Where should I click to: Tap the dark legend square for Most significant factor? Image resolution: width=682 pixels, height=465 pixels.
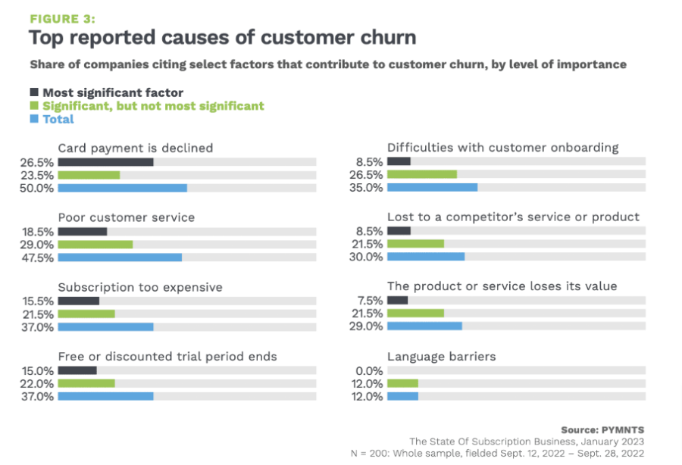pos(33,93)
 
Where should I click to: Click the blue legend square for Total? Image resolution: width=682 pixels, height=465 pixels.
pos(33,119)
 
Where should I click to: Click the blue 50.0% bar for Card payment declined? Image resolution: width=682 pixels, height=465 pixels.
pos(122,188)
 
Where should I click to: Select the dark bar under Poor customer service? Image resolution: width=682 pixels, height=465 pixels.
pos(83,231)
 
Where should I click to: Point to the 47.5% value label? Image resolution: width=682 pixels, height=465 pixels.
pos(38,257)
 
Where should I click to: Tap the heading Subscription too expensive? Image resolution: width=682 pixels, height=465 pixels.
pos(140,287)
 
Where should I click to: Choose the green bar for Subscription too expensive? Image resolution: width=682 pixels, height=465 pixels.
pos(86,314)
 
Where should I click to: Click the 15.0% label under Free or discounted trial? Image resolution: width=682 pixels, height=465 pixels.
pos(38,370)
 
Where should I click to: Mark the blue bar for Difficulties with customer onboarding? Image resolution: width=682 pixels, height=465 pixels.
pos(432,188)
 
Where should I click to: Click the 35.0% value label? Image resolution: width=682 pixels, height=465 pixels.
pos(368,188)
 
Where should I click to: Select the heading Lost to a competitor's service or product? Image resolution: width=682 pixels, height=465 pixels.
pos(513,217)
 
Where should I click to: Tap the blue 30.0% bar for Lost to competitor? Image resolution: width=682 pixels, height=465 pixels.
pos(426,257)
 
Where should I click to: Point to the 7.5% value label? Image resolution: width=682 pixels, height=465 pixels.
pos(370,300)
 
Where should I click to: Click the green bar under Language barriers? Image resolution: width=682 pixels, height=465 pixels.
pos(402,383)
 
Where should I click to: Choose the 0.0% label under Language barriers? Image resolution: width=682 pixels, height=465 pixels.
pos(370,370)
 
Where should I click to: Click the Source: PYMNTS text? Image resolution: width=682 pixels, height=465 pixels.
pos(603,429)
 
